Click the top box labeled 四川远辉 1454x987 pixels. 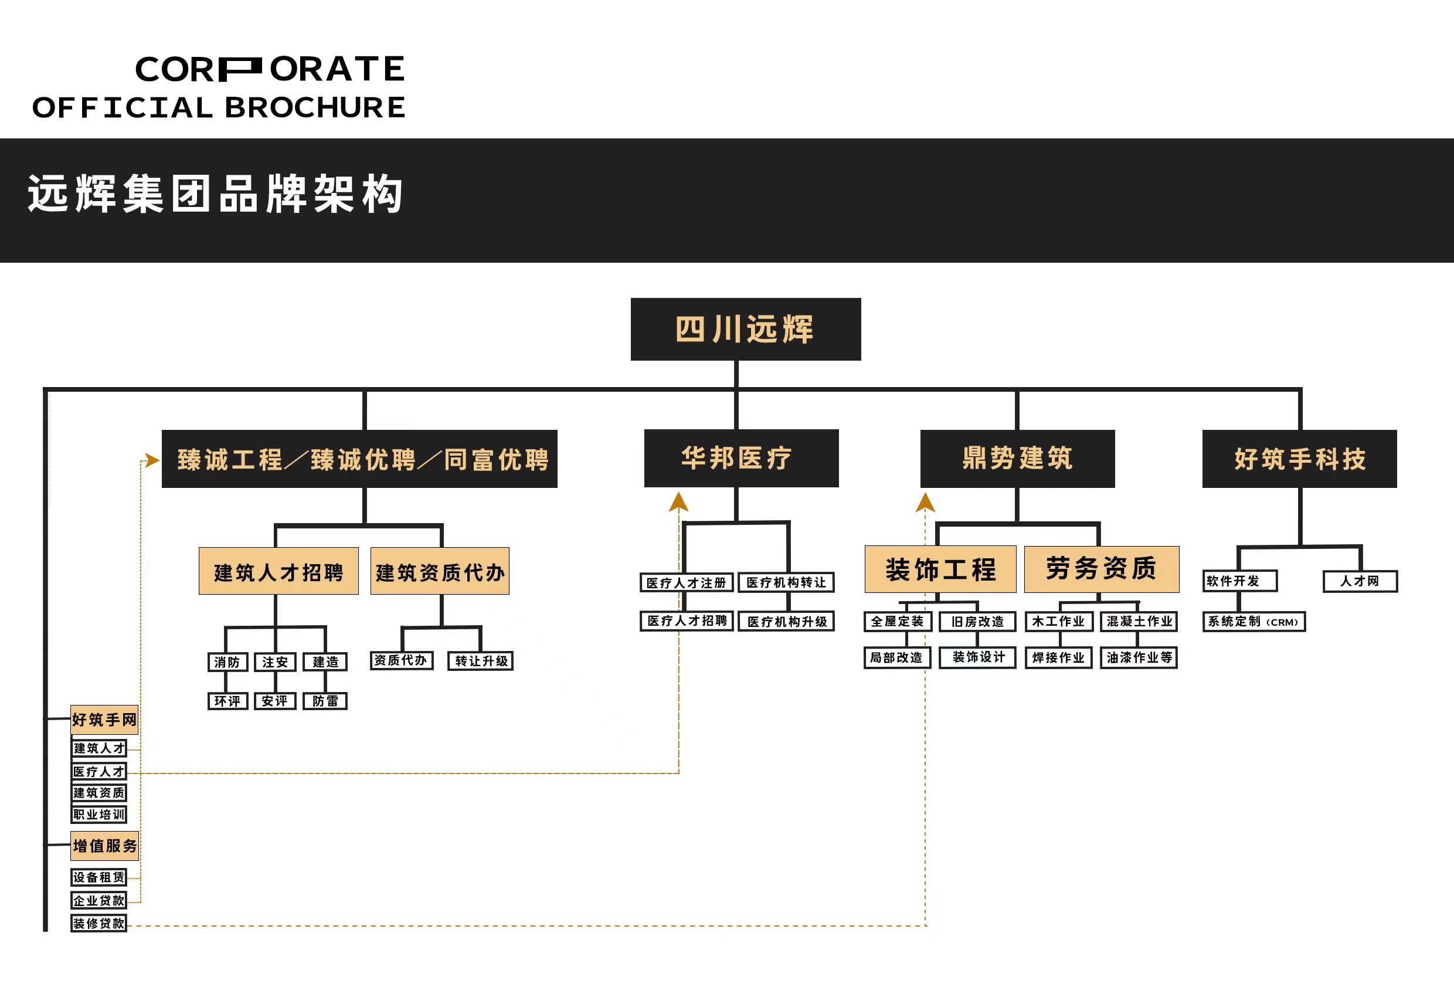(x=745, y=329)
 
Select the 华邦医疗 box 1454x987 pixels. (x=740, y=458)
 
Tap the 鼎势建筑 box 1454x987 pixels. (x=1017, y=458)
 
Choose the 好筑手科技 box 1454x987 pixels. (x=1299, y=459)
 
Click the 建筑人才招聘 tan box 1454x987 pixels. (x=278, y=571)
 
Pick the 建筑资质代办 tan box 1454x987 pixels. (x=440, y=571)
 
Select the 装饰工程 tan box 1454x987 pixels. (x=940, y=569)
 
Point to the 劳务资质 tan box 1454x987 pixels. (x=1101, y=569)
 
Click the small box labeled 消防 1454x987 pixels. (x=227, y=662)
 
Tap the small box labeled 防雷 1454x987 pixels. (x=325, y=700)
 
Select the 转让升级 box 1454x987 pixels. (x=481, y=661)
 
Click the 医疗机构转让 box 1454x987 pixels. (x=786, y=582)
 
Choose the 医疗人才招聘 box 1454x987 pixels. (x=687, y=620)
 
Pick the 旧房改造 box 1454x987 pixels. (x=977, y=621)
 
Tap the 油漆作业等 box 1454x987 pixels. (x=1139, y=657)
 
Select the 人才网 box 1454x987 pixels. (x=1360, y=581)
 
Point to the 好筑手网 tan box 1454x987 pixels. (x=104, y=719)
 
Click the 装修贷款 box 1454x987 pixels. (x=99, y=923)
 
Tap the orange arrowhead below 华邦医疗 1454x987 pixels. (x=678, y=502)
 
